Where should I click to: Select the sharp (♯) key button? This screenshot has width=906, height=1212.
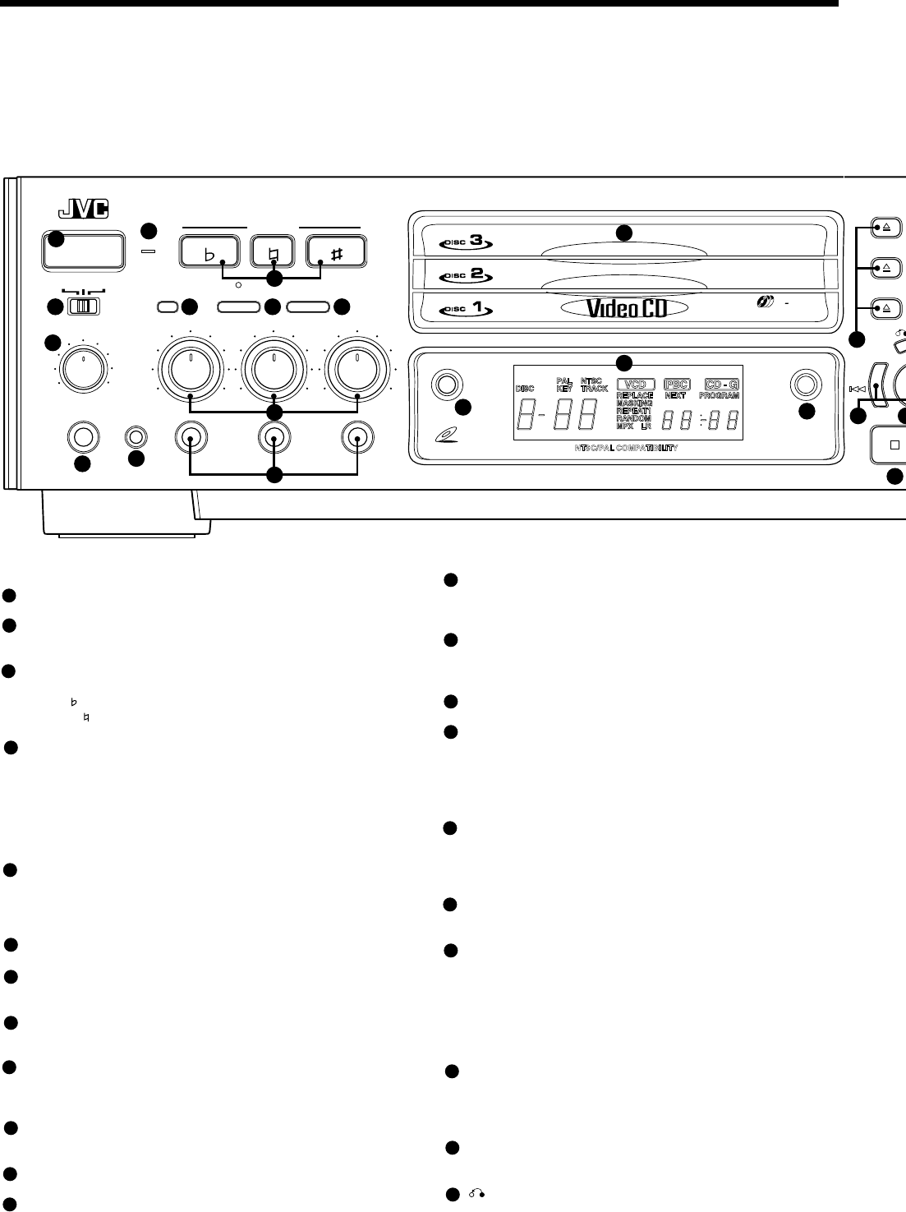337,251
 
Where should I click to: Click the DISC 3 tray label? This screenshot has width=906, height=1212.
466,242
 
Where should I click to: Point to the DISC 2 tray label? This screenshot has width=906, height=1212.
466,275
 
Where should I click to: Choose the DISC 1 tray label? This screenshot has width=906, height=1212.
466,310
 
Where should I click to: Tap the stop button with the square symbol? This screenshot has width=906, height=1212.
894,445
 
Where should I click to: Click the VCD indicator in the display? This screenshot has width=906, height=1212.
636,384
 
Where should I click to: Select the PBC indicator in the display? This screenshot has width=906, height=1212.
676,384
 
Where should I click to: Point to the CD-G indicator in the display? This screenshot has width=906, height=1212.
722,384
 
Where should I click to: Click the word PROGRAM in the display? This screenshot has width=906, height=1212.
720,395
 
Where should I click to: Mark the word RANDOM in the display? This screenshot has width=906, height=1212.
633,418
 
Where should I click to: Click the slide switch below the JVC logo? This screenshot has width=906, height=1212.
82,306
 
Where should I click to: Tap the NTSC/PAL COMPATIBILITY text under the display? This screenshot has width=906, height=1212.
626,449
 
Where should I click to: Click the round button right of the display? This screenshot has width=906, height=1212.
804,384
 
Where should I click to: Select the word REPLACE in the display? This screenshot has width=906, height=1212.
635,395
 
